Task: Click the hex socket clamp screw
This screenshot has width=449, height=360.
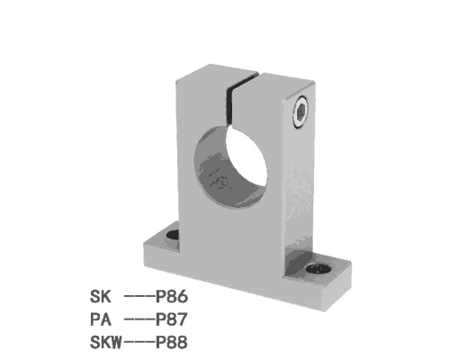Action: (301, 112)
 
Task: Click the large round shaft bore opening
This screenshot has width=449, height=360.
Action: (231, 166)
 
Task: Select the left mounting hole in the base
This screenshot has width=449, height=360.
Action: (173, 235)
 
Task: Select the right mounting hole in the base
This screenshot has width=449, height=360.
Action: (319, 268)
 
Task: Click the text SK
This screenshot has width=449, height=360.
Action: (101, 297)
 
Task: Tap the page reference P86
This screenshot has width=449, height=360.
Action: (172, 297)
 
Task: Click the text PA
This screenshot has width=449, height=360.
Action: (101, 319)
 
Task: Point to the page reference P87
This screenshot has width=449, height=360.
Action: (172, 319)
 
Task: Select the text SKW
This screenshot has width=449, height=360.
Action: (106, 342)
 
